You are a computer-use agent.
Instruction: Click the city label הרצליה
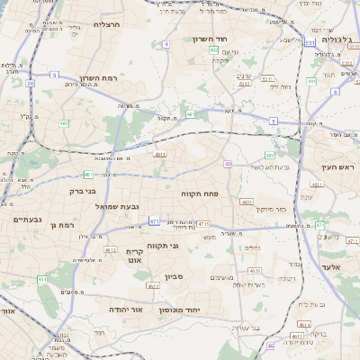click(x=112, y=24)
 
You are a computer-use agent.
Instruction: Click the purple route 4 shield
click(x=166, y=43)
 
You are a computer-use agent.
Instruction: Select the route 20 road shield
click(x=30, y=83)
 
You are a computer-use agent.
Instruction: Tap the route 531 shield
click(x=309, y=42)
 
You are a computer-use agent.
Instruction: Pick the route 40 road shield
click(x=229, y=164)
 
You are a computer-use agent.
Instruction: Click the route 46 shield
click(x=270, y=345)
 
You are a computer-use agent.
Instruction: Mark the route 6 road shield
click(x=335, y=91)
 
